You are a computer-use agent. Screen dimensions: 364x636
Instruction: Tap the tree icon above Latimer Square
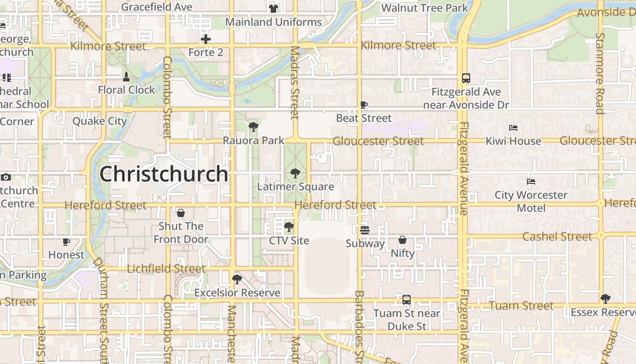pos(295,173)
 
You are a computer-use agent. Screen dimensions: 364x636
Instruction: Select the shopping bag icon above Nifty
pos(402,240)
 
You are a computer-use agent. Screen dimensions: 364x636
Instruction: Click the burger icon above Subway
pos(364,230)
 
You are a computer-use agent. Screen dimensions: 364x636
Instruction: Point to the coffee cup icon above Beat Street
pos(363,105)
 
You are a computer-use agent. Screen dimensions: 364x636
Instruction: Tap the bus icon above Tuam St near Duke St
pos(407,300)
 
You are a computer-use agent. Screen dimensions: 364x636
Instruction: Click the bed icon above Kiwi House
pos(513,128)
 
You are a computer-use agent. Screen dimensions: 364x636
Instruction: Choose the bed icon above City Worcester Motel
pos(531,182)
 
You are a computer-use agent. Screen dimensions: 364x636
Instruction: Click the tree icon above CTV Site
pos(288,227)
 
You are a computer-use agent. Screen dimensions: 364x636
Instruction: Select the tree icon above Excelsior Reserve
pos(236,279)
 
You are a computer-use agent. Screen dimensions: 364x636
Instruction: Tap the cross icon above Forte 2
pos(206,39)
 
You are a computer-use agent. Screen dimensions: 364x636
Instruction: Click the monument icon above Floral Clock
pos(126,77)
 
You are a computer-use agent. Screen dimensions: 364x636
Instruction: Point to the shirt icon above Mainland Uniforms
pos(273,8)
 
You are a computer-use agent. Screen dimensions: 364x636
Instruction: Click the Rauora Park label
pos(253,141)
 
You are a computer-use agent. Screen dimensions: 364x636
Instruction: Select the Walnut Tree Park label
pos(424,8)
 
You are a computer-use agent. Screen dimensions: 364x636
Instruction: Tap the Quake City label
pos(99,121)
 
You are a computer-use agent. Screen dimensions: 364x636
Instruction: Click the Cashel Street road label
pos(557,237)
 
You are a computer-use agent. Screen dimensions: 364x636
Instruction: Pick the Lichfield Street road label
pos(166,269)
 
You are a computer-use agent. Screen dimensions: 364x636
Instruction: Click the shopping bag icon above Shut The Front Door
pos(180,213)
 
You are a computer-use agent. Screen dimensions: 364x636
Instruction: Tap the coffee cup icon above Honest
pos(66,242)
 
